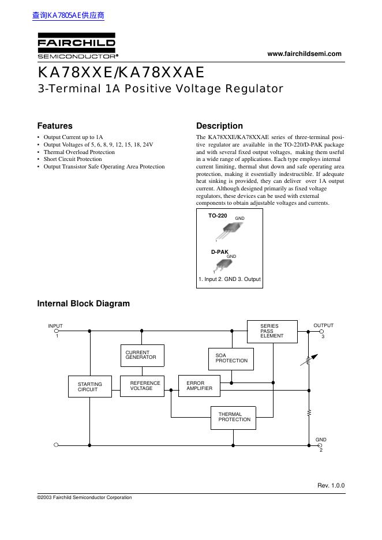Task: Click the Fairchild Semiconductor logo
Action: click(77, 48)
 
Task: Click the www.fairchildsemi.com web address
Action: click(305, 54)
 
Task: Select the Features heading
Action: click(55, 126)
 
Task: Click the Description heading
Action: click(219, 126)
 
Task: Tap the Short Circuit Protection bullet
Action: click(73, 159)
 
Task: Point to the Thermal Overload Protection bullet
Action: click(79, 152)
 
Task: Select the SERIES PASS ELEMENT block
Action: click(272, 331)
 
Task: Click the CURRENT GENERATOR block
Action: click(141, 355)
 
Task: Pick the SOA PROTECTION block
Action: click(230, 358)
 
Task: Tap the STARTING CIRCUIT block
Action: click(89, 387)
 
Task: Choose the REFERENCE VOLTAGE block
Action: click(141, 385)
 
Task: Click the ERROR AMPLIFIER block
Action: click(200, 385)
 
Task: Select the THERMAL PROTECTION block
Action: click(234, 417)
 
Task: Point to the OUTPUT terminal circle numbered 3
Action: click(320, 331)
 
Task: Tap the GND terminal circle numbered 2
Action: click(320, 445)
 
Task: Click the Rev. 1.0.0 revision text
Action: click(331, 485)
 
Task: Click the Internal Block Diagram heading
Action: click(84, 303)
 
